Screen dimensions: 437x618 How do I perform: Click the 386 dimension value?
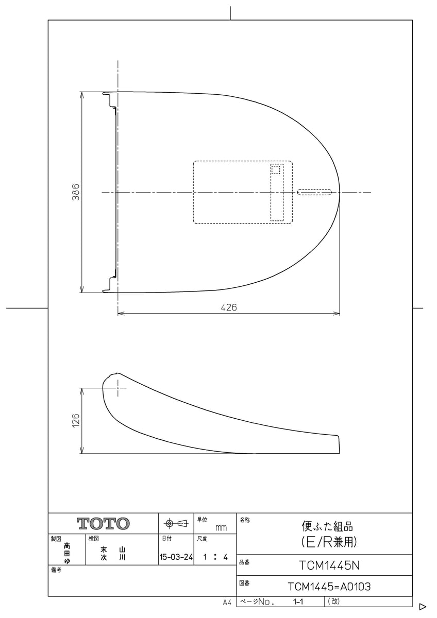76,192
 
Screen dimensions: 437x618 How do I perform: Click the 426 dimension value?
229,307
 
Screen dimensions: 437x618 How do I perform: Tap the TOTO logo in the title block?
103,523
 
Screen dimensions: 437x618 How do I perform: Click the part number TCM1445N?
329,566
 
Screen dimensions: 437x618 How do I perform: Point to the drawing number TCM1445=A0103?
329,587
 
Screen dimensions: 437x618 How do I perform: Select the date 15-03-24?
176,557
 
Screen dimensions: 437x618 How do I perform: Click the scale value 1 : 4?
215,557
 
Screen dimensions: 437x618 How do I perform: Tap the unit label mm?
221,528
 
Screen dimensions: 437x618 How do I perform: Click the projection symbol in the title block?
176,523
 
